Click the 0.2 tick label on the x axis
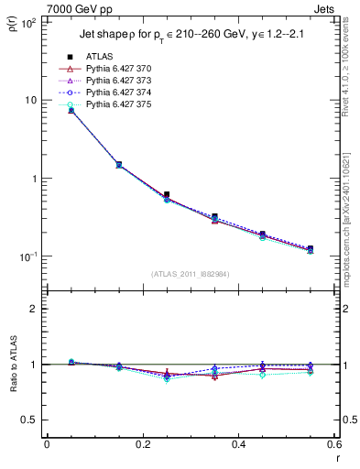point(143,444)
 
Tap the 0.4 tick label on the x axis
point(238,444)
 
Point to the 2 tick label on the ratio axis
point(35,309)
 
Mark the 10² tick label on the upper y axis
point(28,22)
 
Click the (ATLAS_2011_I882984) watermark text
point(191,273)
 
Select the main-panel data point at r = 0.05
point(71,110)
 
